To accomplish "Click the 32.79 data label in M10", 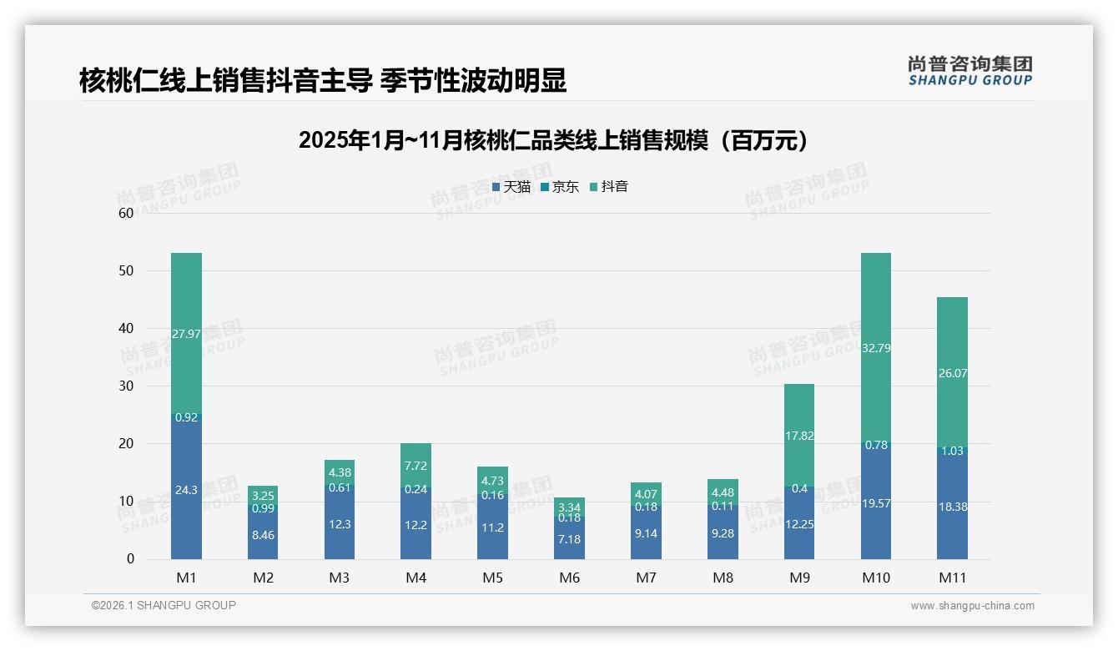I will click(876, 348).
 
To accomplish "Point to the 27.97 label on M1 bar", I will click(186, 334).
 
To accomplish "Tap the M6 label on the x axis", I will click(570, 578).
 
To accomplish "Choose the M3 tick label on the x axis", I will click(340, 578).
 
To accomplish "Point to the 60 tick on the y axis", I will click(126, 213).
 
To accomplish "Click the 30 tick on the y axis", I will click(126, 386).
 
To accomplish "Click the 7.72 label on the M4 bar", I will click(415, 465).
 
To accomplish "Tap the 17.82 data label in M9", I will click(799, 436).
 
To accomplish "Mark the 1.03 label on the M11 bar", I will click(952, 451).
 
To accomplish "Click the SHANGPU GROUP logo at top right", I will click(969, 71).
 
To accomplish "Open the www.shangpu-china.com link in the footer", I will click(972, 606).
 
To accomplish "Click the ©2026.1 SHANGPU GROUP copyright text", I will click(164, 605).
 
